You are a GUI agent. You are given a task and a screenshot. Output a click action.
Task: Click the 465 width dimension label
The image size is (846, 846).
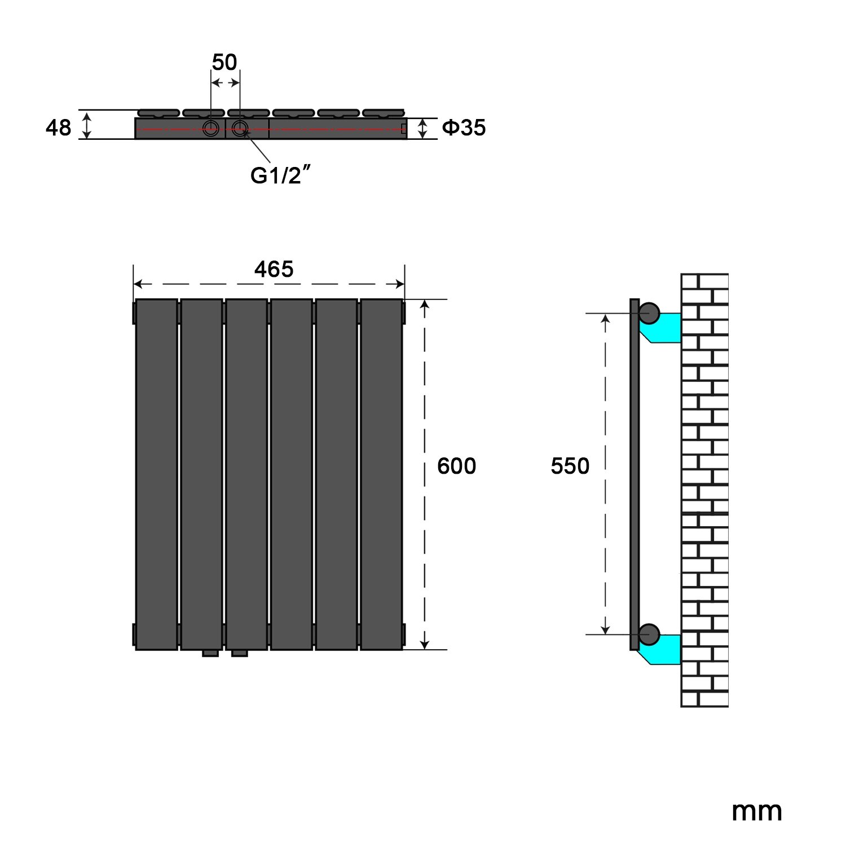coord(274,269)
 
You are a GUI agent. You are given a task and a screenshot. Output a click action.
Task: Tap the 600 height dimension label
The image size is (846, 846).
coord(456,466)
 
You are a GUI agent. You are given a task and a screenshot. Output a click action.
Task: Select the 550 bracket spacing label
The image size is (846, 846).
coord(570,466)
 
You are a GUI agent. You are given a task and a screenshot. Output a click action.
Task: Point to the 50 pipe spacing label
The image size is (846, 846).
coord(224,62)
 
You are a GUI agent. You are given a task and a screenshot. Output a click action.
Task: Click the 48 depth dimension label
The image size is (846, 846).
coord(58,128)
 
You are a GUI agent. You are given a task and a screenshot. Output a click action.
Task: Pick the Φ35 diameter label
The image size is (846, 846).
coord(464,128)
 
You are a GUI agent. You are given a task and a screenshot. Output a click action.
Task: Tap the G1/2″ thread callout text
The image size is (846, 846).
coord(281,175)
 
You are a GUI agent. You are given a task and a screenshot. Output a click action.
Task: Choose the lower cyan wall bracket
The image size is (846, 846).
coord(661,650)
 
